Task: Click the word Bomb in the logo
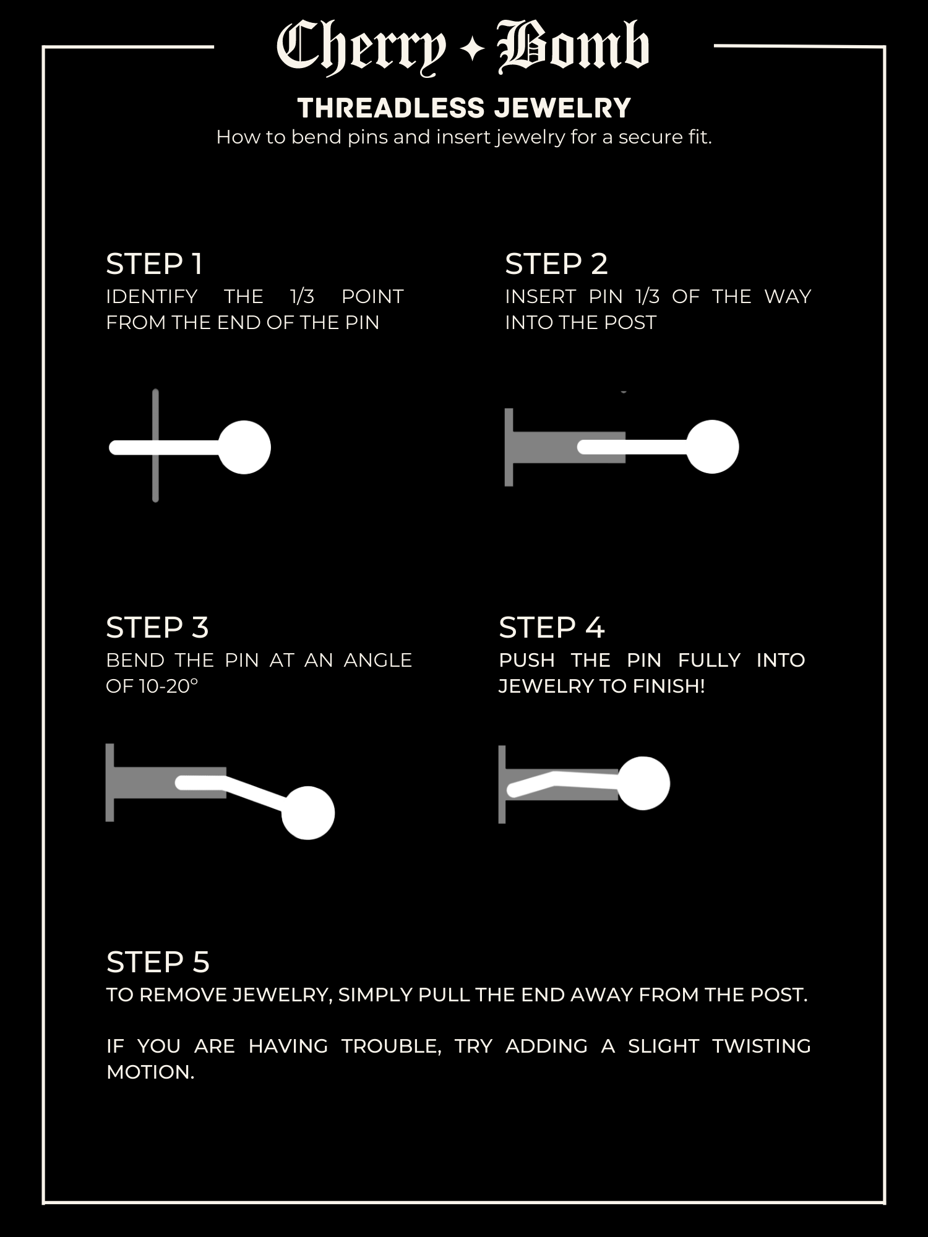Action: (x=574, y=46)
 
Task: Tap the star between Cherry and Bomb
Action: (x=472, y=49)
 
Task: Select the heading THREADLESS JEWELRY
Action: (x=464, y=108)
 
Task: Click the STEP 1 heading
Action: (x=155, y=264)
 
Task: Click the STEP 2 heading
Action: (x=556, y=264)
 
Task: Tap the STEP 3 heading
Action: (x=157, y=628)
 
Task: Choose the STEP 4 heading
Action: (x=551, y=628)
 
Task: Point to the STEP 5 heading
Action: (x=158, y=962)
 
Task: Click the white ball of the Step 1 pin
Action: (x=244, y=447)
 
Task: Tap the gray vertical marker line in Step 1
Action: (x=155, y=445)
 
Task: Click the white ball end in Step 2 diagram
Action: (x=713, y=447)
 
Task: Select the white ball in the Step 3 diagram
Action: (x=308, y=813)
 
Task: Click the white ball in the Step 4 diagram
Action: (x=643, y=783)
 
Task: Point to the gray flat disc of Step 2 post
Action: (x=509, y=447)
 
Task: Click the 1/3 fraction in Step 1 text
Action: (x=303, y=296)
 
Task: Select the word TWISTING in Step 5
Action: (x=761, y=1046)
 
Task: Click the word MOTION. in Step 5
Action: (x=150, y=1072)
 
